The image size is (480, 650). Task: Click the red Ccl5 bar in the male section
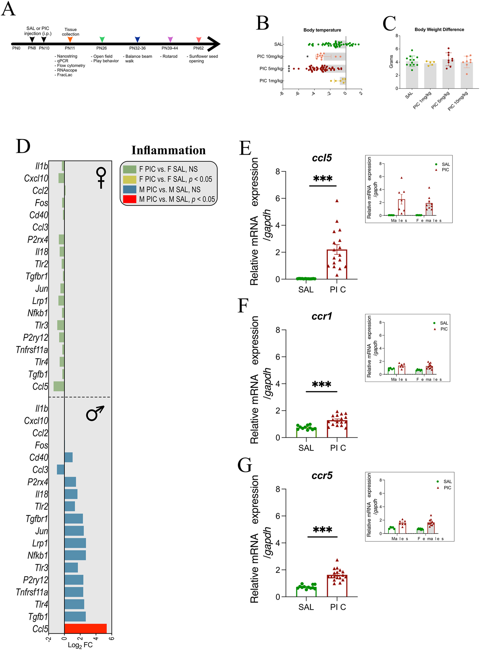(x=85, y=628)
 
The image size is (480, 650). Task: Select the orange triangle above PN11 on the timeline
(x=70, y=39)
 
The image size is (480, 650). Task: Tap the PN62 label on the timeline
(x=198, y=48)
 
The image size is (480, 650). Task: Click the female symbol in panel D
(x=101, y=178)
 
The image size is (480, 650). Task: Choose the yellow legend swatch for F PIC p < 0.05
(x=129, y=179)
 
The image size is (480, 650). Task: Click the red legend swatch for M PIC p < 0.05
(x=129, y=199)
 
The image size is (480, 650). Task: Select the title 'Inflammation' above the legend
(x=168, y=150)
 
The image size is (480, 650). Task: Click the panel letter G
(x=245, y=465)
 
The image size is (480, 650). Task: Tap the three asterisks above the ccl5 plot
(x=323, y=179)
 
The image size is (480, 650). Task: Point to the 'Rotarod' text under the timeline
(x=170, y=56)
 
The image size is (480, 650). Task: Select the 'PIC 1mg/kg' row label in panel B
(x=271, y=81)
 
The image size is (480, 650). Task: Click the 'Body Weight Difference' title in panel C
(x=439, y=30)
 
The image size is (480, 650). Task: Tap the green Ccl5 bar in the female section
(x=59, y=386)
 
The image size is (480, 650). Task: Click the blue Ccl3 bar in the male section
(x=61, y=470)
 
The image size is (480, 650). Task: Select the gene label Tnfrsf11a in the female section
(x=32, y=350)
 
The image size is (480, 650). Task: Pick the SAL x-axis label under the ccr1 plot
(x=306, y=448)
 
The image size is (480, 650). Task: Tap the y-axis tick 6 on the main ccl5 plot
(x=278, y=198)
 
